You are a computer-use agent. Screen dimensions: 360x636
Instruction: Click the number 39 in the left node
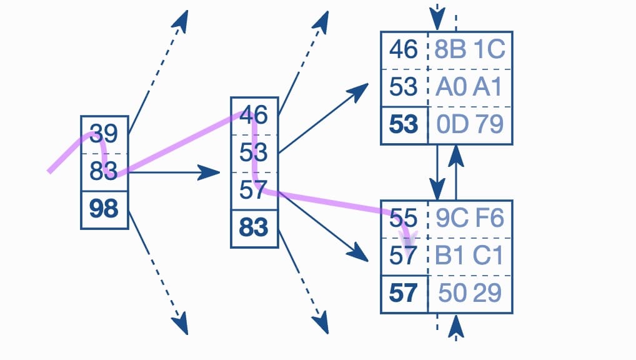pos(104,133)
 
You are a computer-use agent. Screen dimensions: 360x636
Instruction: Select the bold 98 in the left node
pos(104,209)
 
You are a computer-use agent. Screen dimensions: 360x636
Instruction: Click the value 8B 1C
pos(469,49)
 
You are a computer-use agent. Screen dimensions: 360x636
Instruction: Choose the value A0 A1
pos(469,87)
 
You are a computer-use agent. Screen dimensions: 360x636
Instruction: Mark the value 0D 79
pos(470,124)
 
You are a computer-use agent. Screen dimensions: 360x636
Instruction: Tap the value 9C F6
pos(469,218)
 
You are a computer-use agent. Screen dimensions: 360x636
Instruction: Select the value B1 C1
pos(469,256)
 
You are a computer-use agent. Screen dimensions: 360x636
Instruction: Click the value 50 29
pos(470,292)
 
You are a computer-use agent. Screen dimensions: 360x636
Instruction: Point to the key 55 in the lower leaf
pos(403,218)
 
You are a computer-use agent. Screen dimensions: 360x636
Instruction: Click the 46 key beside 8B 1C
pos(403,49)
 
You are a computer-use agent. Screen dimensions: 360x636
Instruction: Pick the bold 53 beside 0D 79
pos(403,124)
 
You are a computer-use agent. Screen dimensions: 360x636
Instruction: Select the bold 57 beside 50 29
pos(403,292)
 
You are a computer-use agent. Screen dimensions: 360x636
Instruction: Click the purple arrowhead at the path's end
pos(408,241)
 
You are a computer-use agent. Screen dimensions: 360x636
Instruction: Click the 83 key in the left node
pos(104,171)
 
